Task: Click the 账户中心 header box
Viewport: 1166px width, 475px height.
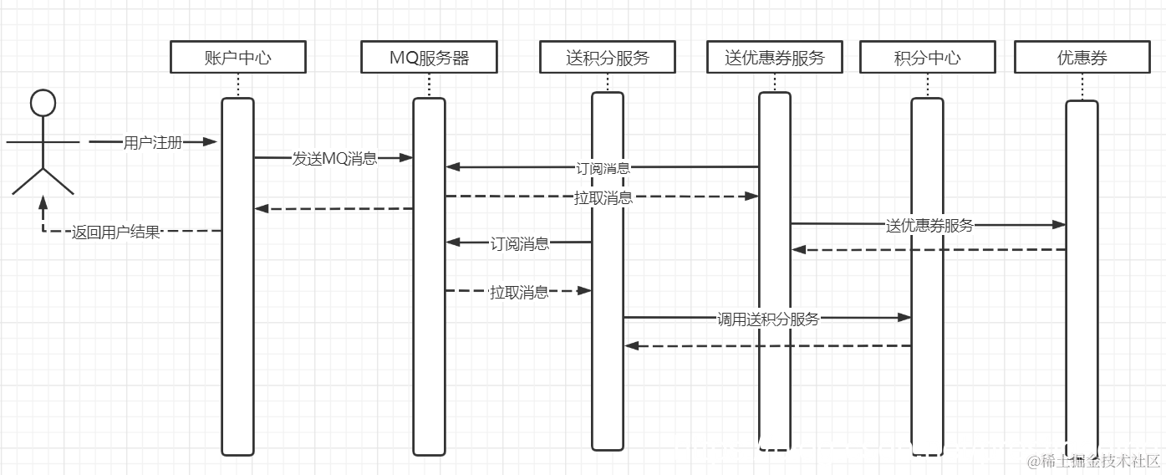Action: click(x=237, y=58)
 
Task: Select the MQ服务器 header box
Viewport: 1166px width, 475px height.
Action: click(x=429, y=58)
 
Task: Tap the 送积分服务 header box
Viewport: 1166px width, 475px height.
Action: click(x=607, y=58)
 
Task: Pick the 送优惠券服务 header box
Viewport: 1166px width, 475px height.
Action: click(x=774, y=58)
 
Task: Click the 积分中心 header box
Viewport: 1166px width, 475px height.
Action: click(x=927, y=58)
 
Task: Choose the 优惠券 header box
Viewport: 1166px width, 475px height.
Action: click(x=1082, y=58)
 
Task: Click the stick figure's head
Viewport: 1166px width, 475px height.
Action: click(x=43, y=103)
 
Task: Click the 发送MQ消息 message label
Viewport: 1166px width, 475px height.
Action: click(x=334, y=158)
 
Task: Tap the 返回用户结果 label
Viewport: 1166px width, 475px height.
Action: click(x=115, y=232)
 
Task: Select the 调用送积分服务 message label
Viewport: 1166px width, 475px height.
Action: click(x=767, y=319)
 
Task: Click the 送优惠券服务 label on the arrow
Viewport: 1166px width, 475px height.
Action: click(x=929, y=225)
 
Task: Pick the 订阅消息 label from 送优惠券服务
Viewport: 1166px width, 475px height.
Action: click(x=603, y=168)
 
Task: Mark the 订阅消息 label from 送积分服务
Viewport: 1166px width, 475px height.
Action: click(x=519, y=244)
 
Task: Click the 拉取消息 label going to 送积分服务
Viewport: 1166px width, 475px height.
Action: click(x=519, y=292)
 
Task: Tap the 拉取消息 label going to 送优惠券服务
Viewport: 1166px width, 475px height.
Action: click(x=603, y=198)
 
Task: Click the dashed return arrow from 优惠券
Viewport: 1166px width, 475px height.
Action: click(x=928, y=249)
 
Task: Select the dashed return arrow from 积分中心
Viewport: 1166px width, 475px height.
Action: click(x=767, y=345)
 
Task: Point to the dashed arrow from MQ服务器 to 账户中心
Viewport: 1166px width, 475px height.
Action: click(x=334, y=208)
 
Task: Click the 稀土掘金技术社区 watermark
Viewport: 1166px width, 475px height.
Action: click(x=1095, y=461)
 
